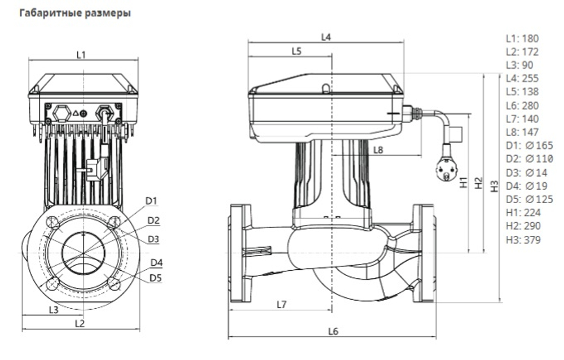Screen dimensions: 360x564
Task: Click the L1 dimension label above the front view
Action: point(81,55)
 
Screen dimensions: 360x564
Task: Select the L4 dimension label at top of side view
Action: point(325,37)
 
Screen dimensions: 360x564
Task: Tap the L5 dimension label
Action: point(297,51)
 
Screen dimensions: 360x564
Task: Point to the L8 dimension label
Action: point(378,150)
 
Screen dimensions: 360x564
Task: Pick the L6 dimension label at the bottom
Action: point(333,331)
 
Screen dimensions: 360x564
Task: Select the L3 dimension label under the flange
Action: point(53,309)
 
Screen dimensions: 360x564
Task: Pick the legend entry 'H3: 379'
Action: point(523,240)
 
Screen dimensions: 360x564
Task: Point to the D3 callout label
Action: point(153,239)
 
